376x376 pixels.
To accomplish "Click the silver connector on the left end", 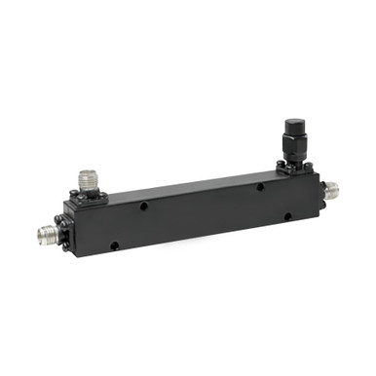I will click(45, 234).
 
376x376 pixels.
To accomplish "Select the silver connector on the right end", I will click(332, 189).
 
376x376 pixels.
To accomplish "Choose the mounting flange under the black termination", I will click(295, 168).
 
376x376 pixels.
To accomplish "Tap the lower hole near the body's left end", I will click(114, 245).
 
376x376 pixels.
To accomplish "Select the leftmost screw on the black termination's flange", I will click(281, 169).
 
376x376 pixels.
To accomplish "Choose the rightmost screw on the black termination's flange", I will click(310, 169).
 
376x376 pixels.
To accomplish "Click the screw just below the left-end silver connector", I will click(65, 245).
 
